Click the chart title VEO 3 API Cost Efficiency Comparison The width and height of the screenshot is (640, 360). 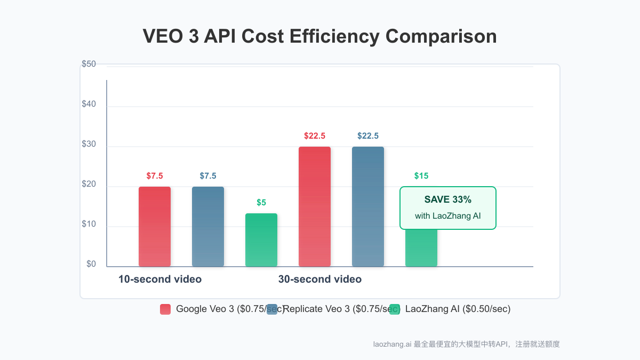coord(320,37)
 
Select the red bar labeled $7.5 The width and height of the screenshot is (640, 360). coord(155,227)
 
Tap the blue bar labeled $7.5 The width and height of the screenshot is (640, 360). coord(208,227)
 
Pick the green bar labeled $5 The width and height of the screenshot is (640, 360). coord(261,240)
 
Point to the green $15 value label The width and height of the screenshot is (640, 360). coord(421,176)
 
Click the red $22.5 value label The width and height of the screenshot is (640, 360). coord(315,136)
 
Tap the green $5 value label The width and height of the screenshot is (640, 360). coord(261,203)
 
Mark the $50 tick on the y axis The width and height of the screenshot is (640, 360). coord(89,64)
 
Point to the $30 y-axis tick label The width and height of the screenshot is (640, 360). coord(89,144)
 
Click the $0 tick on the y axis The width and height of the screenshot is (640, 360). coord(91,264)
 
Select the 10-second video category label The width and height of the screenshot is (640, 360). coord(160,279)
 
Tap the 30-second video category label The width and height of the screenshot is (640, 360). coord(320,279)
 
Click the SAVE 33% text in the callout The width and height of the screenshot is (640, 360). coord(448,199)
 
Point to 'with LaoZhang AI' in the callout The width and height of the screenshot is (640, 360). coord(448,216)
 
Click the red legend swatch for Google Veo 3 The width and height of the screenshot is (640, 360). coord(165,309)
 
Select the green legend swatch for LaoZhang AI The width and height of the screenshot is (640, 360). coord(395,309)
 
